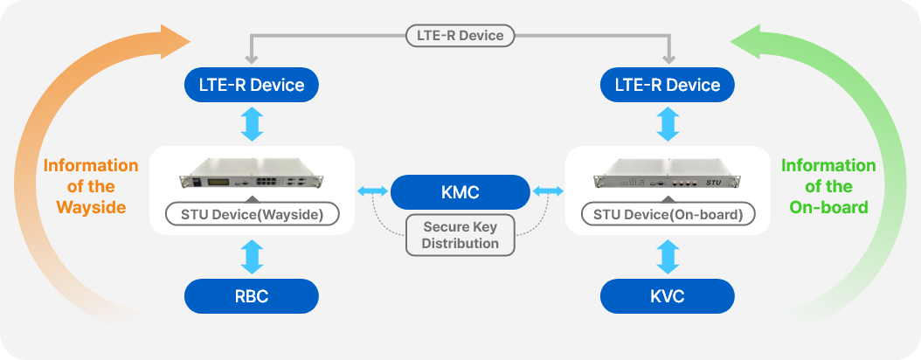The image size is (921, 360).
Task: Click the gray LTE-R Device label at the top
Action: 460,36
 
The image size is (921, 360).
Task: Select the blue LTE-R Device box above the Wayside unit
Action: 252,85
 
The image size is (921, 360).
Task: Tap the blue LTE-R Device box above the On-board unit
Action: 668,85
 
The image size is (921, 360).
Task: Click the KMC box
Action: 460,190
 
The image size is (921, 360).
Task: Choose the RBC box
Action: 252,296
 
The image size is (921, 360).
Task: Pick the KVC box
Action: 668,296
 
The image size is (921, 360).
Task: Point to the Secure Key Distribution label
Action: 460,235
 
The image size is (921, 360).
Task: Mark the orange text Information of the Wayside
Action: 91,186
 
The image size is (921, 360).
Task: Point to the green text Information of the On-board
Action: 828,186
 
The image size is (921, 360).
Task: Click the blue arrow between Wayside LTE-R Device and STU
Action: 252,123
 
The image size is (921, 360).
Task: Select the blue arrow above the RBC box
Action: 252,256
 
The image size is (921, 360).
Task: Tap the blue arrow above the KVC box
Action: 668,256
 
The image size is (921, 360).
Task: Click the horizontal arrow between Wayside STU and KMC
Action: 372,190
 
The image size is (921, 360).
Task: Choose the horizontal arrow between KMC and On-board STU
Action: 548,190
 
